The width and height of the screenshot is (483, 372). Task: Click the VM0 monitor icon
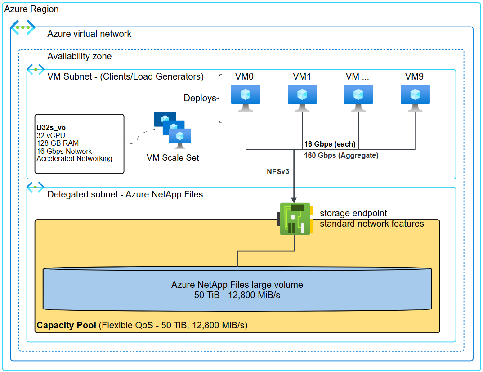[x=245, y=97]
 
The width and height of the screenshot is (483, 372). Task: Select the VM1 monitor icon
[x=302, y=97]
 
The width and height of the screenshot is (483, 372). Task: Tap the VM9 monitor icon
[x=415, y=97]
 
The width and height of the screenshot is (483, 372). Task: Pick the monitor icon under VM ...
[x=358, y=97]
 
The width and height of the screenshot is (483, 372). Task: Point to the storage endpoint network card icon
[x=295, y=219]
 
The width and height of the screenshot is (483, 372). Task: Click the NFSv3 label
[x=277, y=171]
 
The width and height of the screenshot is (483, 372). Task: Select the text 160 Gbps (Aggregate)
[x=341, y=156]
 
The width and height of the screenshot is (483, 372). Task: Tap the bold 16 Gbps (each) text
[x=330, y=144]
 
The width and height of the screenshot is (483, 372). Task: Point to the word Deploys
[x=200, y=98]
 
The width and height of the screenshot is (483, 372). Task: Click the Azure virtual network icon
[x=23, y=27]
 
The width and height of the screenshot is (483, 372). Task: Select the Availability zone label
[x=80, y=56]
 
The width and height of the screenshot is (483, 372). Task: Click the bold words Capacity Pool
[x=66, y=325]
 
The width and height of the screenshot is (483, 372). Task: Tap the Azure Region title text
[x=31, y=9]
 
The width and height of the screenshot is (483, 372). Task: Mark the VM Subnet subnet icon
[x=35, y=69]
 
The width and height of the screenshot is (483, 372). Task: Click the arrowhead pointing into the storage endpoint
[x=294, y=199]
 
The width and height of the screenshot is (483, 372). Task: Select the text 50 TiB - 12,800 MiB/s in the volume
[x=237, y=295]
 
